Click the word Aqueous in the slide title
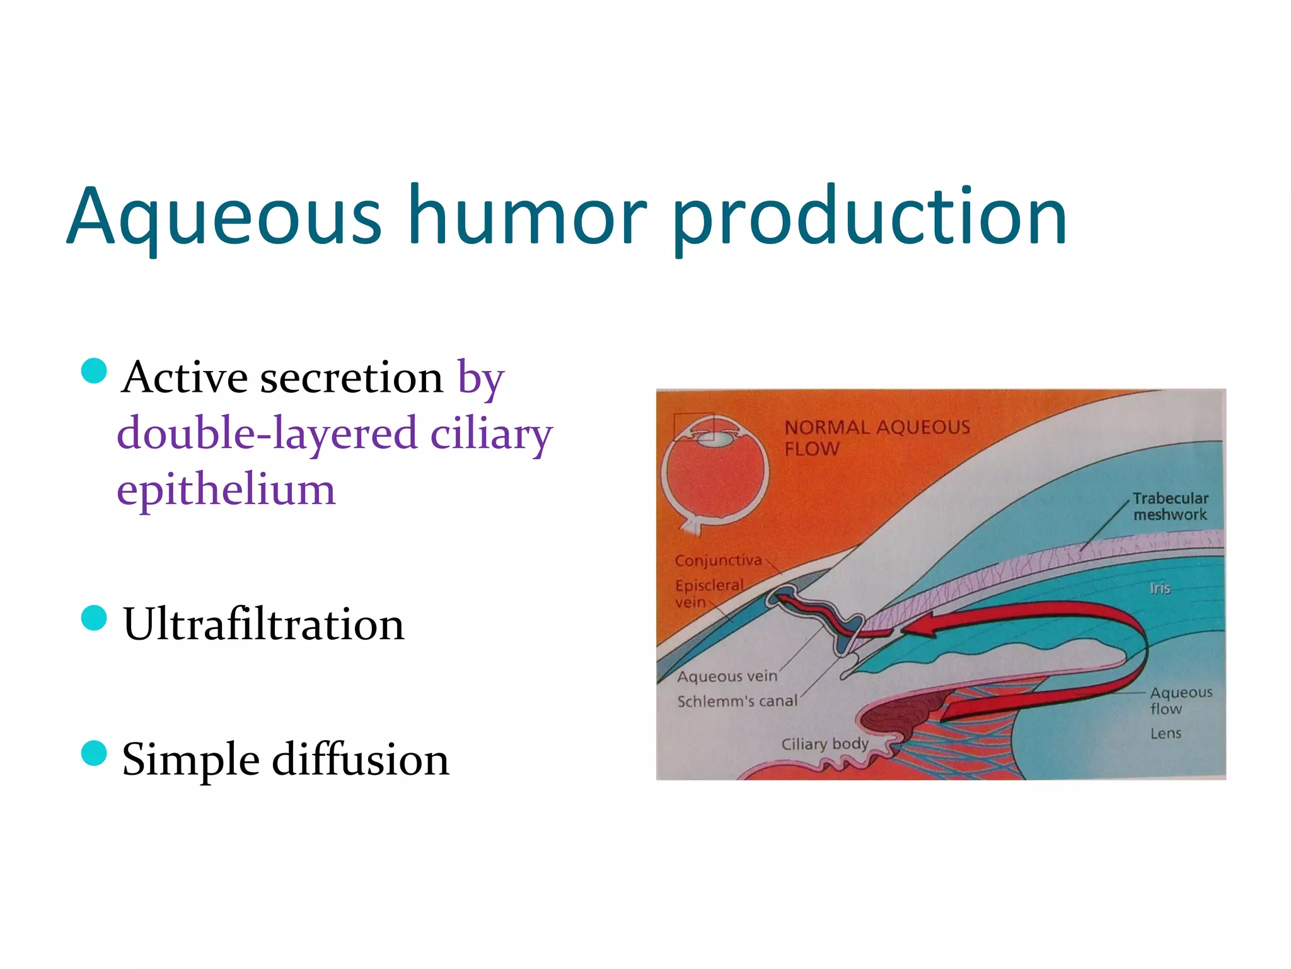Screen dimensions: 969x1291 point(224,216)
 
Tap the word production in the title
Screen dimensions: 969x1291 point(870,216)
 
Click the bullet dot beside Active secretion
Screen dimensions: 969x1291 point(95,371)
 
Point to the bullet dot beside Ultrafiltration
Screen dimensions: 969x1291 point(95,618)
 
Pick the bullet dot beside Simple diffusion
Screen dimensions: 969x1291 point(95,753)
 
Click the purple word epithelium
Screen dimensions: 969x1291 point(226,490)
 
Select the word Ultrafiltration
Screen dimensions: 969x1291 point(263,625)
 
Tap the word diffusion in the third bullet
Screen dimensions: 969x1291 point(361,759)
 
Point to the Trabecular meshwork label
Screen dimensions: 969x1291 point(1170,507)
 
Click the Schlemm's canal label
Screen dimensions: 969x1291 point(737,701)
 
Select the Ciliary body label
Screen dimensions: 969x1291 point(825,744)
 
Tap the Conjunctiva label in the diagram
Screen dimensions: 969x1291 point(718,560)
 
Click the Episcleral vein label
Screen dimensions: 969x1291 point(709,593)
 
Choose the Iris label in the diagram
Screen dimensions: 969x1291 point(1160,588)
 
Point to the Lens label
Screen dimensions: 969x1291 point(1166,733)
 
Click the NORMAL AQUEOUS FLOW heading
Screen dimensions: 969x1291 point(876,438)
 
